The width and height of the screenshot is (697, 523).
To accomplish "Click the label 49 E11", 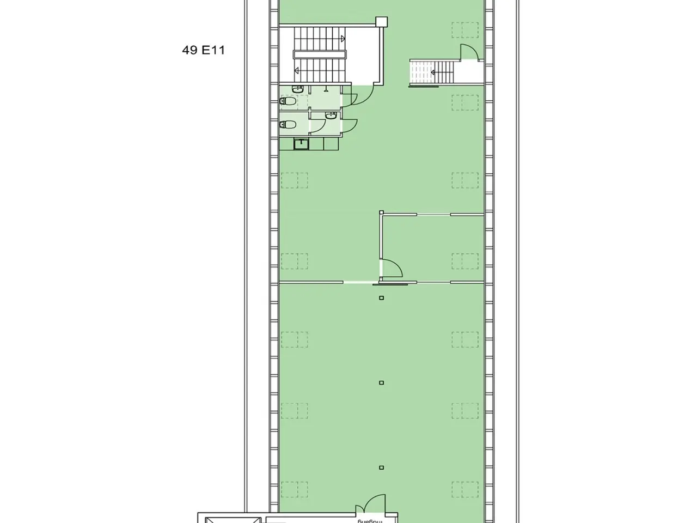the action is coord(203,50).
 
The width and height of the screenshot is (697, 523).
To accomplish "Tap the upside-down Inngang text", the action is coord(370,521).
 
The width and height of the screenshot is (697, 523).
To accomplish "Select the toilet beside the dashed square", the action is coord(288,101).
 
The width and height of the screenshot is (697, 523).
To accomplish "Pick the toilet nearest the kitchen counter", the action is coord(288,124).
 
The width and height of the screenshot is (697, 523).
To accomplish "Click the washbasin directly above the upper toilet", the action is coord(297,89).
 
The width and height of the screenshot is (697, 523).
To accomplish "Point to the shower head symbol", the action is coord(326,89).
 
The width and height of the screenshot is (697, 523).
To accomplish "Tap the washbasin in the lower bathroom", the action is coord(331,115).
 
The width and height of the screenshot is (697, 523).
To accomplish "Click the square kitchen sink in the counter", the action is coord(301,144).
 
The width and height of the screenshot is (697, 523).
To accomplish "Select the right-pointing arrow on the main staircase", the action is coord(343,39).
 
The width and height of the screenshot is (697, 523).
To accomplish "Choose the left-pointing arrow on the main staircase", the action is coord(296,70).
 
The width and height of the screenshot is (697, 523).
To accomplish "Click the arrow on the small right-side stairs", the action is coord(433,72).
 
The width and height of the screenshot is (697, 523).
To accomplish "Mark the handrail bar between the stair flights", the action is coord(320,54).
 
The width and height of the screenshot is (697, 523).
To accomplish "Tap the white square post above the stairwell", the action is coord(381,22).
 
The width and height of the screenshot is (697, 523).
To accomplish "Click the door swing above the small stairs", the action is coord(469,52).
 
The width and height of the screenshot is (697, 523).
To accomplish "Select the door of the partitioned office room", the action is coord(392,269).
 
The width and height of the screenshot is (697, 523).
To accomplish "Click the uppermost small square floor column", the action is coord(381,298).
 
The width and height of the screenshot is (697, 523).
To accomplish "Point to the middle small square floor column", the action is coord(381,382).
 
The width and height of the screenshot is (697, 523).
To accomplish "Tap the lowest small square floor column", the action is coord(381,467).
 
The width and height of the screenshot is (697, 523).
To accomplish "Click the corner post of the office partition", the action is coord(381,212).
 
